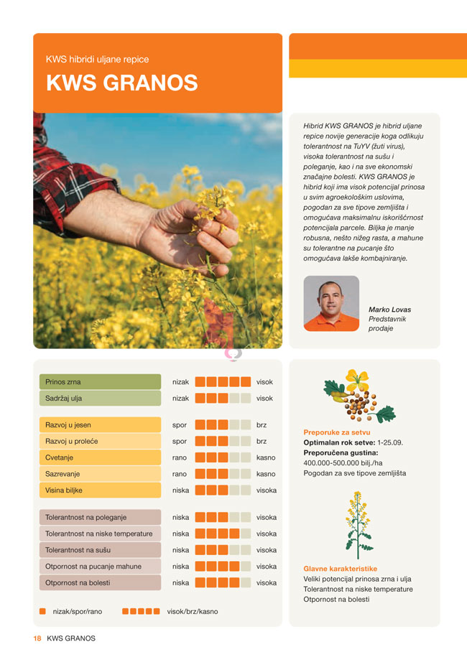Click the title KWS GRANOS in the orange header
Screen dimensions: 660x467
point(121,83)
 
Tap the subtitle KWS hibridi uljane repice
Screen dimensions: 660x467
point(97,60)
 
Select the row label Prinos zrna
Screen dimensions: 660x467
point(64,382)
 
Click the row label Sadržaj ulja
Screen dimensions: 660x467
point(65,398)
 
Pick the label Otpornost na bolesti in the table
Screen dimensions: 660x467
point(78,582)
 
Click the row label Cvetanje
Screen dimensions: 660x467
point(60,457)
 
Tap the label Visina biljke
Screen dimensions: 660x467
point(64,491)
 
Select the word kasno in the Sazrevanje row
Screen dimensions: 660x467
point(266,474)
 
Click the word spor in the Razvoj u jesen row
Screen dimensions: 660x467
point(180,425)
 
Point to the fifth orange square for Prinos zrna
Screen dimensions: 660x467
point(246,382)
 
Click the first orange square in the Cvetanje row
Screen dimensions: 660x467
point(200,457)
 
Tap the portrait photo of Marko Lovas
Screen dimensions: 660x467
point(331,304)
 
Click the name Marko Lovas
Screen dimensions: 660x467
point(389,310)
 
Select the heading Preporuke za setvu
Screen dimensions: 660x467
point(336,432)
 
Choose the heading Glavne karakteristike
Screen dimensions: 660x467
point(340,569)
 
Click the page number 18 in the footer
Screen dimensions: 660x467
point(36,638)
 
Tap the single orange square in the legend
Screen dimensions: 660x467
point(42,611)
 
